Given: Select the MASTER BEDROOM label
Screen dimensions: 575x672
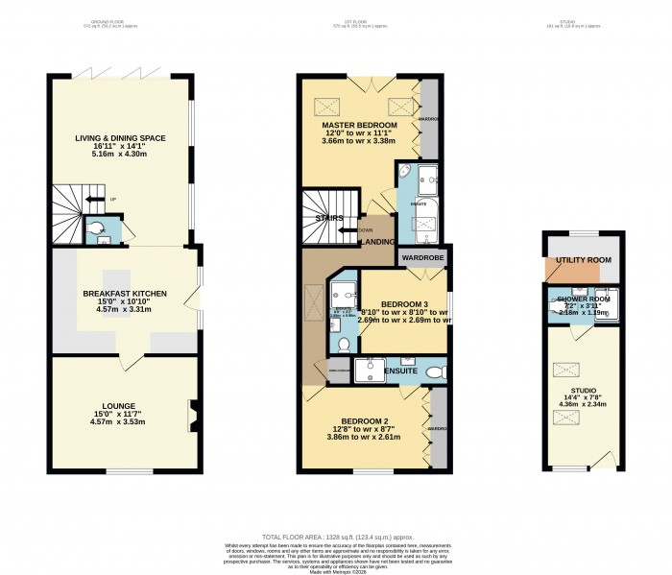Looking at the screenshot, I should coord(360,126).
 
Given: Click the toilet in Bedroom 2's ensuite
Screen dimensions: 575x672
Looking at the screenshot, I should coord(435,371).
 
